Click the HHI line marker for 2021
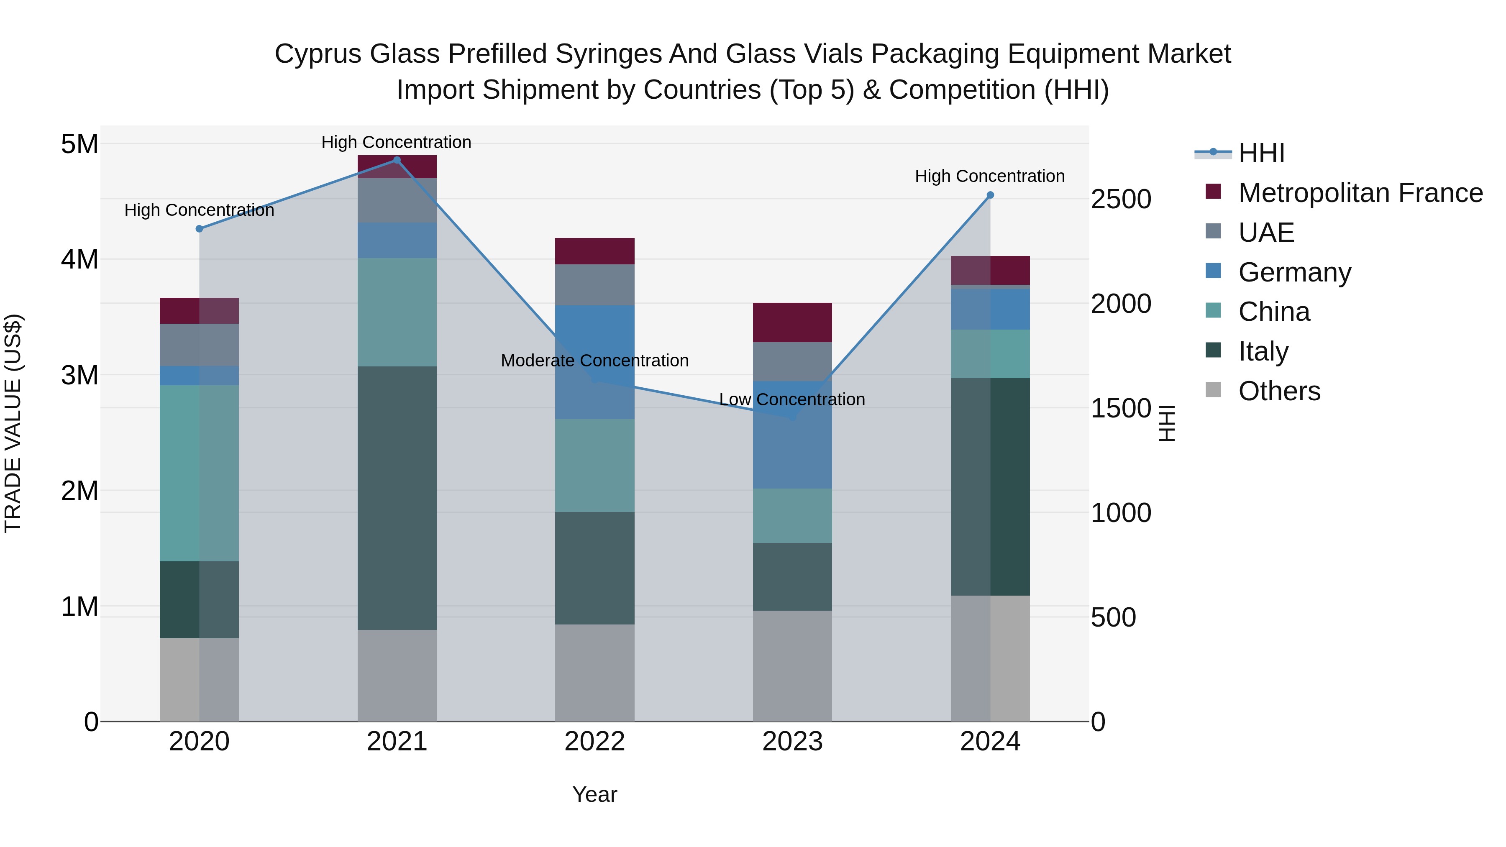point(397,160)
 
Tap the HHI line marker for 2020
point(200,228)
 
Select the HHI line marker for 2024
point(990,195)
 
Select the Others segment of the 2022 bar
point(594,672)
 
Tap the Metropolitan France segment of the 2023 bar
point(792,322)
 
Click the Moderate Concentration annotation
point(594,361)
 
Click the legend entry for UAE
point(1266,233)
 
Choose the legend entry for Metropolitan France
point(1360,193)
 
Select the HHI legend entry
point(1261,153)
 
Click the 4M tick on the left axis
point(79,259)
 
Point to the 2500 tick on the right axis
point(1121,200)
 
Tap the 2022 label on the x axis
point(594,742)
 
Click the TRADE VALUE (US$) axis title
point(13,423)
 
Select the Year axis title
point(594,794)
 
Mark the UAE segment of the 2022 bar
point(594,285)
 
